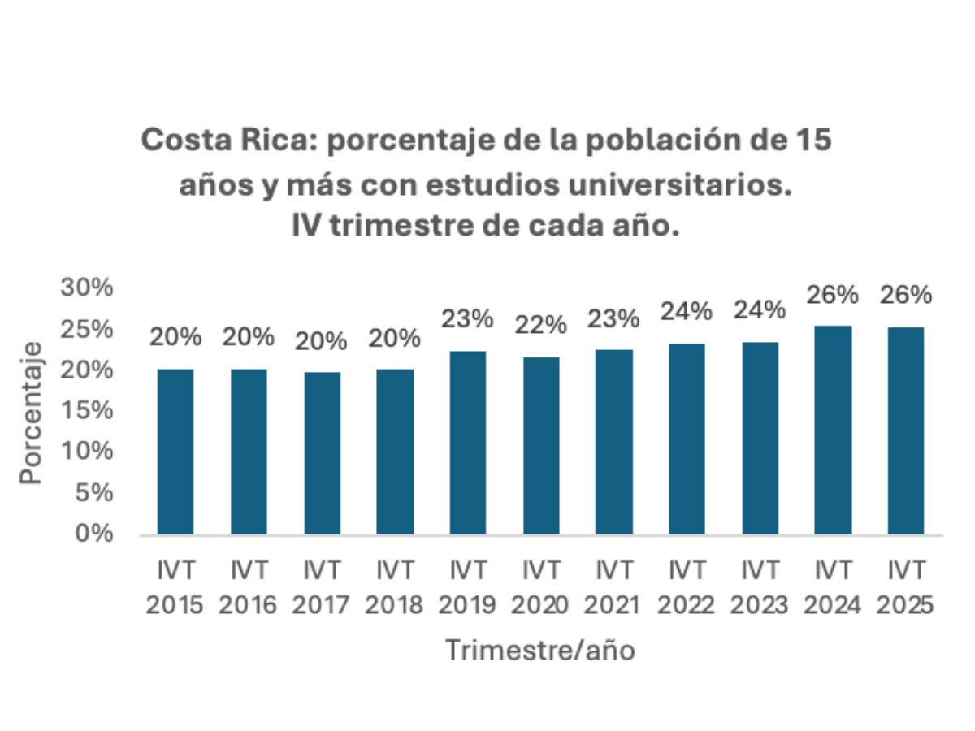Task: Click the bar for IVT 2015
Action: (x=175, y=452)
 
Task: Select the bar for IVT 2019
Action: (x=468, y=443)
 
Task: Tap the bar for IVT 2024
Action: (x=833, y=430)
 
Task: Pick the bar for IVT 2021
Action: (x=614, y=442)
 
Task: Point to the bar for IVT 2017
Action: (x=322, y=453)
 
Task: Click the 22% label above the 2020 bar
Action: (x=541, y=325)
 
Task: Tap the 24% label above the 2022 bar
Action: (x=687, y=311)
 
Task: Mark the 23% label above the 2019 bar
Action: (x=468, y=318)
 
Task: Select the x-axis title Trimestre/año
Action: (x=539, y=650)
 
